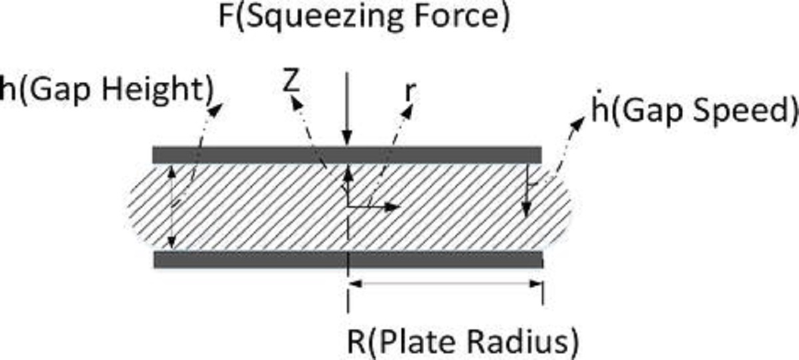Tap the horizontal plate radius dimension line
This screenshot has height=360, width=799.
(x=446, y=284)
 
